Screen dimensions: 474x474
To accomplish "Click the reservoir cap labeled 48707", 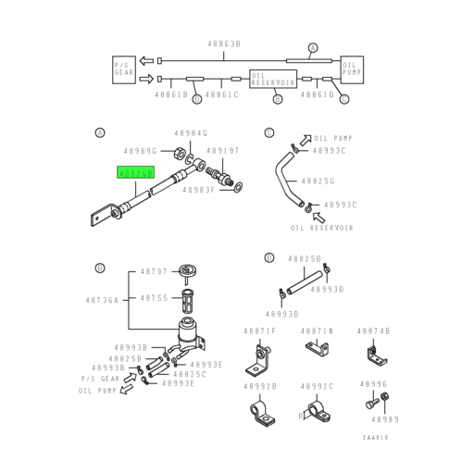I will (x=189, y=270).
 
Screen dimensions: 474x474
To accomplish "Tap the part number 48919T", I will (x=222, y=150).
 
